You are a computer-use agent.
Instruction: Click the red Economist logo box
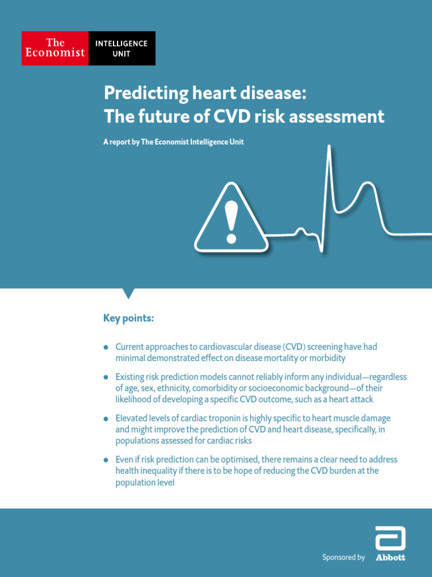(55, 48)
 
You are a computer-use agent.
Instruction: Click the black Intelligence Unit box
(121, 48)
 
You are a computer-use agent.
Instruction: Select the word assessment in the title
(343, 117)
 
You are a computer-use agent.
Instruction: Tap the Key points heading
(128, 318)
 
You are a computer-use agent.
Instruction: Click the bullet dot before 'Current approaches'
(106, 348)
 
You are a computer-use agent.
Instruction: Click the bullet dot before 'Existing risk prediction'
(106, 377)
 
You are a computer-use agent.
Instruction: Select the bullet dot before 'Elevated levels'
(106, 419)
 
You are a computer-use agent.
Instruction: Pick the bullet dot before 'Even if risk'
(106, 460)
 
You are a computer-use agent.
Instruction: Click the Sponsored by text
(343, 557)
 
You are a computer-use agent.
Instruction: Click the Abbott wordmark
(390, 558)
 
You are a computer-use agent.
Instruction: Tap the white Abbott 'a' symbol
(390, 539)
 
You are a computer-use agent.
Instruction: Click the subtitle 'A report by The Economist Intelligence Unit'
(173, 143)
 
